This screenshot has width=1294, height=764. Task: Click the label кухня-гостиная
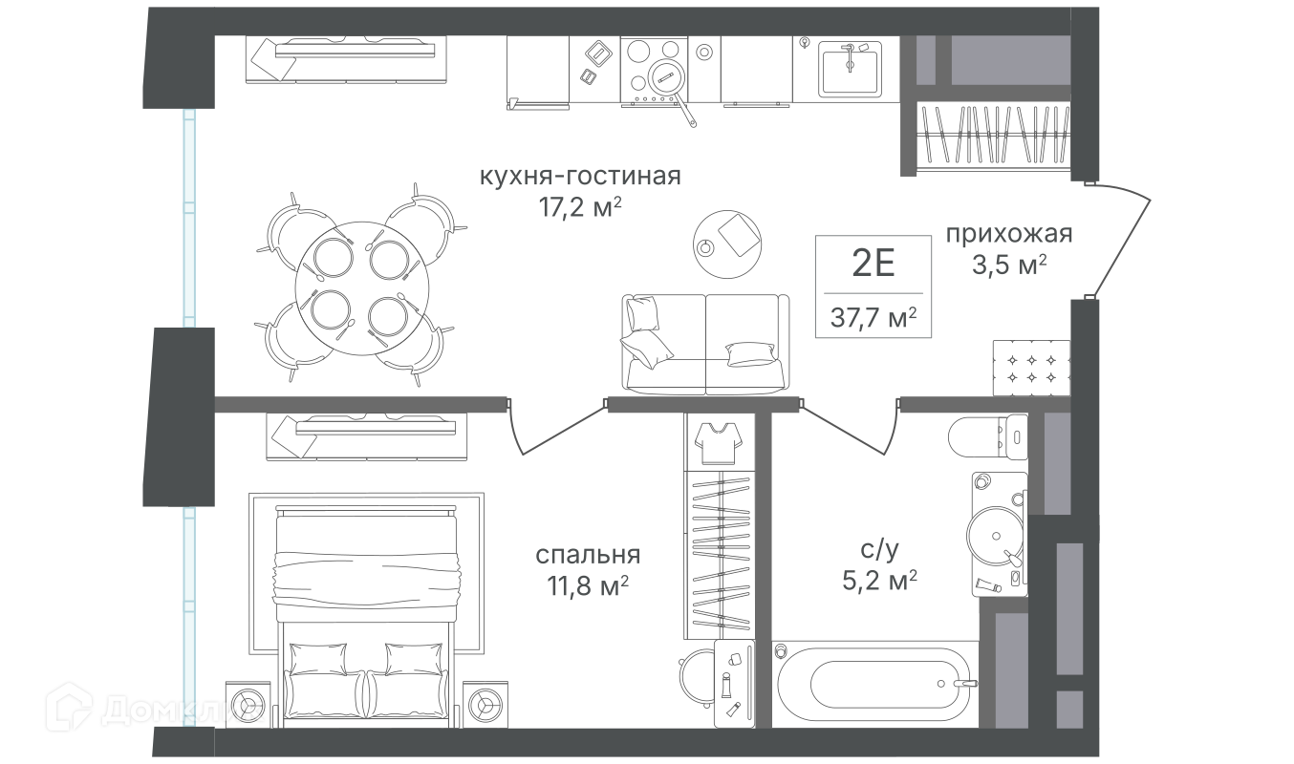pyautogui.click(x=580, y=176)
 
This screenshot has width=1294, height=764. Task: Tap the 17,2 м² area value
pyautogui.click(x=580, y=207)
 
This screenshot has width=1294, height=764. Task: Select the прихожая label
pyautogui.click(x=1008, y=234)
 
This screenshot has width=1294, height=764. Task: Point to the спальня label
pyautogui.click(x=588, y=554)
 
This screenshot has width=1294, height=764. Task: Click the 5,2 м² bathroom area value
pyautogui.click(x=879, y=581)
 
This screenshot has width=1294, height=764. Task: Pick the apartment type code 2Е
pyautogui.click(x=873, y=263)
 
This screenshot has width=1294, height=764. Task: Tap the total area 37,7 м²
pyautogui.click(x=873, y=317)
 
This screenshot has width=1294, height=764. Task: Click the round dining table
pyautogui.click(x=362, y=288)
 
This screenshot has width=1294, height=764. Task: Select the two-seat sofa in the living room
pyautogui.click(x=705, y=344)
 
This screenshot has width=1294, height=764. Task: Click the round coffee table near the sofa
pyautogui.click(x=727, y=244)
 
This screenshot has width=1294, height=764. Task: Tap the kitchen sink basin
pyautogui.click(x=850, y=69)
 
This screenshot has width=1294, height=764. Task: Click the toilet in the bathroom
pyautogui.click(x=988, y=436)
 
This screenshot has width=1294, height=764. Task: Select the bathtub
pyautogui.click(x=874, y=684)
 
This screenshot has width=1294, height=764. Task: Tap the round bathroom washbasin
pyautogui.click(x=996, y=536)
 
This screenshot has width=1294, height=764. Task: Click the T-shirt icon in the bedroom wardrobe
pyautogui.click(x=719, y=443)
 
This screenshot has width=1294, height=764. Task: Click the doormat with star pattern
pyautogui.click(x=1031, y=368)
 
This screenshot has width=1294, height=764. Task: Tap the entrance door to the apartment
pyautogui.click(x=1121, y=242)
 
